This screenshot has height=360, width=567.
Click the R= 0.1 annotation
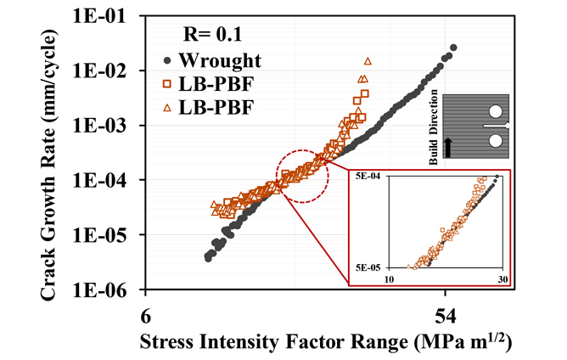(216, 35)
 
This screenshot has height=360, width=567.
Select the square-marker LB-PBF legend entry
(216, 84)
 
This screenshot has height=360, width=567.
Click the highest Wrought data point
(453, 48)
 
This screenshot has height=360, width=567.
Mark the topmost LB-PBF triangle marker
(368, 61)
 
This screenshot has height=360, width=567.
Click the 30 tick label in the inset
(502, 280)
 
